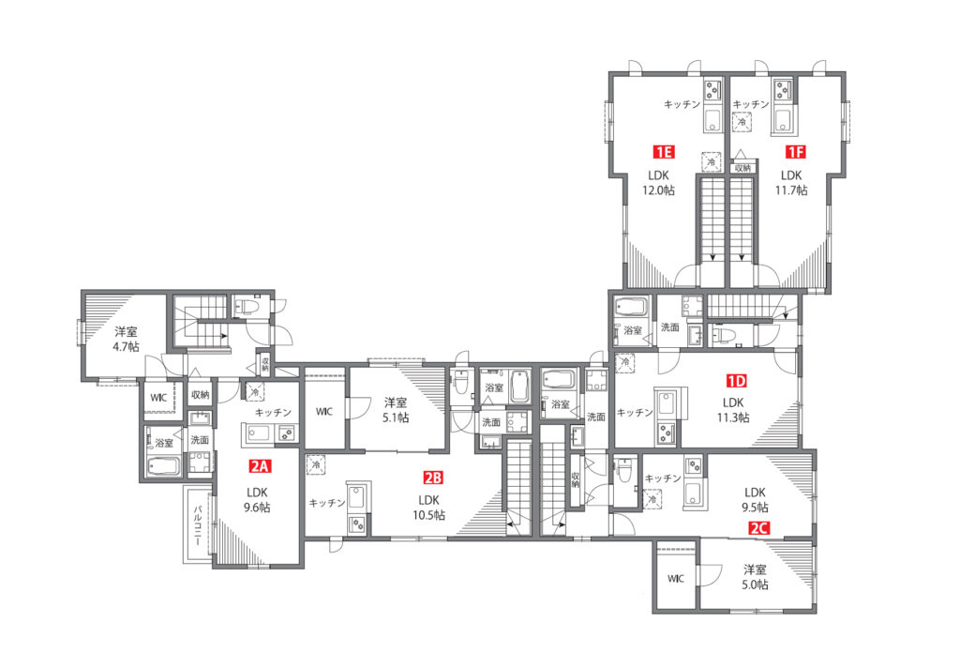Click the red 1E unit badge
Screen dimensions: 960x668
click(x=664, y=151)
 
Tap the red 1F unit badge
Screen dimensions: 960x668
click(x=795, y=151)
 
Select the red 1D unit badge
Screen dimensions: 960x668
click(x=737, y=381)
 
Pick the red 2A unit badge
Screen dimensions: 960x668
click(x=259, y=466)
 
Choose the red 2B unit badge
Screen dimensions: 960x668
click(x=433, y=478)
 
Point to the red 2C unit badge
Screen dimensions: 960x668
click(x=759, y=527)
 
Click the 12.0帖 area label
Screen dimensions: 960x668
click(x=658, y=190)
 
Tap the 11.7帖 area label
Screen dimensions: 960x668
click(x=791, y=190)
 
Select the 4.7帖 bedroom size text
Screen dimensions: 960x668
click(x=126, y=347)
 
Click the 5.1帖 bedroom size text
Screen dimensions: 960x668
click(x=396, y=417)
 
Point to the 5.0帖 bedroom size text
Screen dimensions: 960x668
click(x=755, y=584)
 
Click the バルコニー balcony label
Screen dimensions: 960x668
click(x=198, y=525)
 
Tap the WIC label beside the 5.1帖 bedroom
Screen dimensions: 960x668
click(x=324, y=411)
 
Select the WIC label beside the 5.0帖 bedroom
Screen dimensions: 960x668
click(x=676, y=579)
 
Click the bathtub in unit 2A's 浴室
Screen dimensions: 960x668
click(x=163, y=466)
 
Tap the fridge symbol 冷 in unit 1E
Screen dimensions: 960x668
click(x=712, y=162)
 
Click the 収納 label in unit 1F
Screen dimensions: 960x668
click(x=742, y=167)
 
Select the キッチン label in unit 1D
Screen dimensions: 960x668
click(x=635, y=413)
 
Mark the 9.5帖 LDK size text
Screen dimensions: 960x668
click(x=755, y=508)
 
